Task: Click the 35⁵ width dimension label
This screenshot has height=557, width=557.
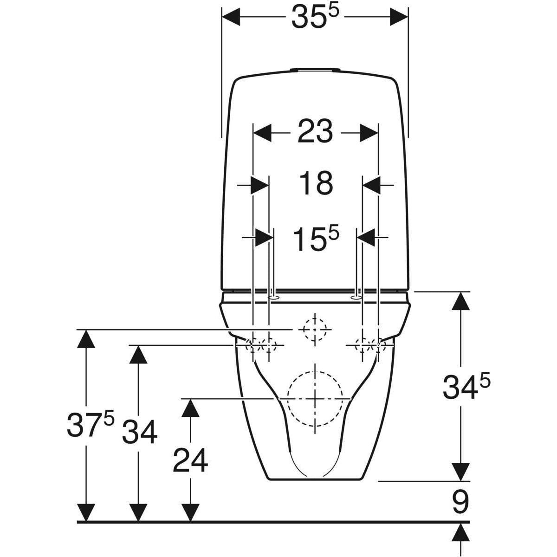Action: [x=315, y=17]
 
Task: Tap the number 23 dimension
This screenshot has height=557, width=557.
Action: [x=315, y=131]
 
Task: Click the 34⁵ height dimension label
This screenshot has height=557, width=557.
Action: [x=466, y=388]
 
